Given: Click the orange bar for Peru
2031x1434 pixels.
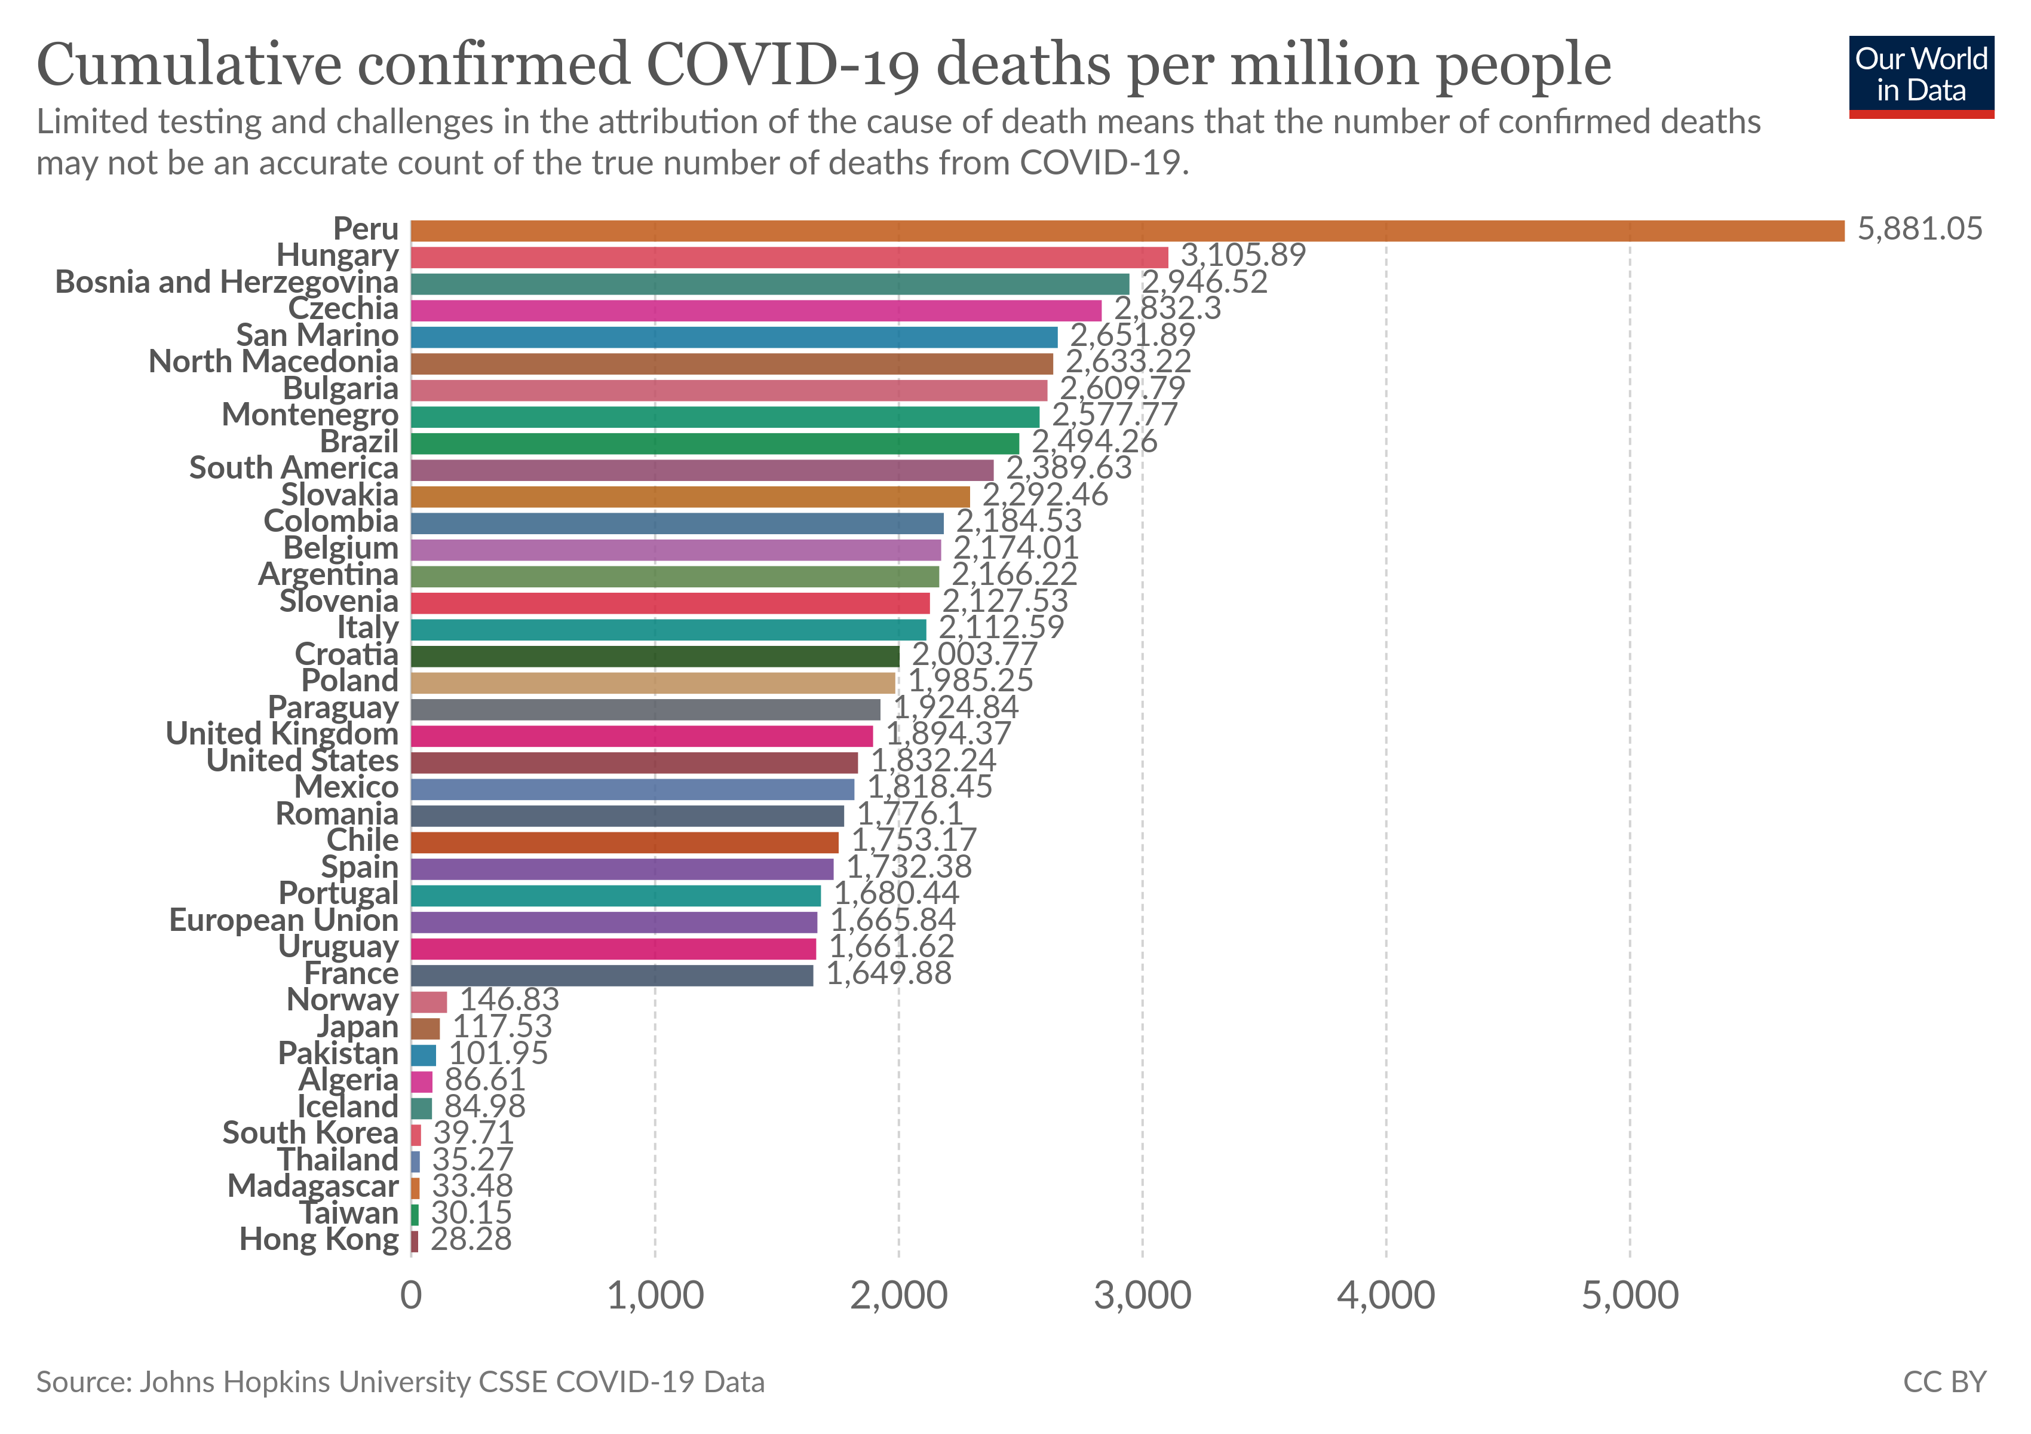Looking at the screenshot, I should click(1127, 231).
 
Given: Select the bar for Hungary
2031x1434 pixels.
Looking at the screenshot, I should click(789, 258).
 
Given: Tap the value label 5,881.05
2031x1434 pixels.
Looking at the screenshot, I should click(1919, 229).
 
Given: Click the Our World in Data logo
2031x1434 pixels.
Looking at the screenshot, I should click(1920, 76).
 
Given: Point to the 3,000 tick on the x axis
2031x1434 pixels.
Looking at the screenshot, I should click(1142, 1296).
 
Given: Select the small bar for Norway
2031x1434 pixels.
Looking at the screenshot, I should click(429, 1001).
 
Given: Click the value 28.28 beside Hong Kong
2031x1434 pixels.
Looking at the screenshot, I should click(471, 1239).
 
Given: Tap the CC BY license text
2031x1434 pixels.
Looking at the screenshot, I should click(1944, 1382).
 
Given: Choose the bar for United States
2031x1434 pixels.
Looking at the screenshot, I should click(634, 762).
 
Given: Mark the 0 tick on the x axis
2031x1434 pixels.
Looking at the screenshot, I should click(412, 1296).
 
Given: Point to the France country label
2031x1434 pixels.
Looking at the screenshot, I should click(351, 973).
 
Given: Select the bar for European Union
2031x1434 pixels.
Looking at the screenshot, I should click(614, 922).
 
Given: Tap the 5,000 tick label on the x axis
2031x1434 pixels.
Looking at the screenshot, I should click(1630, 1296).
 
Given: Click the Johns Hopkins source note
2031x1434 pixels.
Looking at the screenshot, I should click(400, 1382).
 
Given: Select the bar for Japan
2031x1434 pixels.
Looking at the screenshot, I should click(425, 1028).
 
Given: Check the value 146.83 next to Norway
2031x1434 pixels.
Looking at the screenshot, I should click(510, 1000).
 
